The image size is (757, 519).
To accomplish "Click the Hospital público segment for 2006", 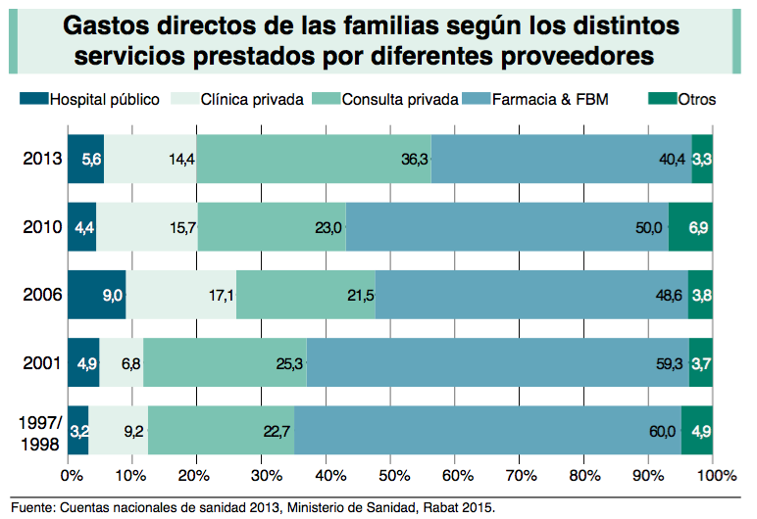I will pyautogui.click(x=96, y=294).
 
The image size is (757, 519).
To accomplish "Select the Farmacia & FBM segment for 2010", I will pyautogui.click(x=507, y=227).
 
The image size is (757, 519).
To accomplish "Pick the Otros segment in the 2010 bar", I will pyautogui.click(x=690, y=227).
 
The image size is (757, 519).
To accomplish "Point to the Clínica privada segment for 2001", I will pyautogui.click(x=122, y=362).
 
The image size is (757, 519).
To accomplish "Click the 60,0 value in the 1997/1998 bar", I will pyautogui.click(x=662, y=430).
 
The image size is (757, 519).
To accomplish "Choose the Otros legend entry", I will pyautogui.click(x=696, y=99).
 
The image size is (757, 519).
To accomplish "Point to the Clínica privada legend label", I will pyautogui.click(x=252, y=99).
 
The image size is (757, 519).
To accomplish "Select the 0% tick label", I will pyautogui.click(x=71, y=477).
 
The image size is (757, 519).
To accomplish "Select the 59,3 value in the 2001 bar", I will pyautogui.click(x=664, y=362).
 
